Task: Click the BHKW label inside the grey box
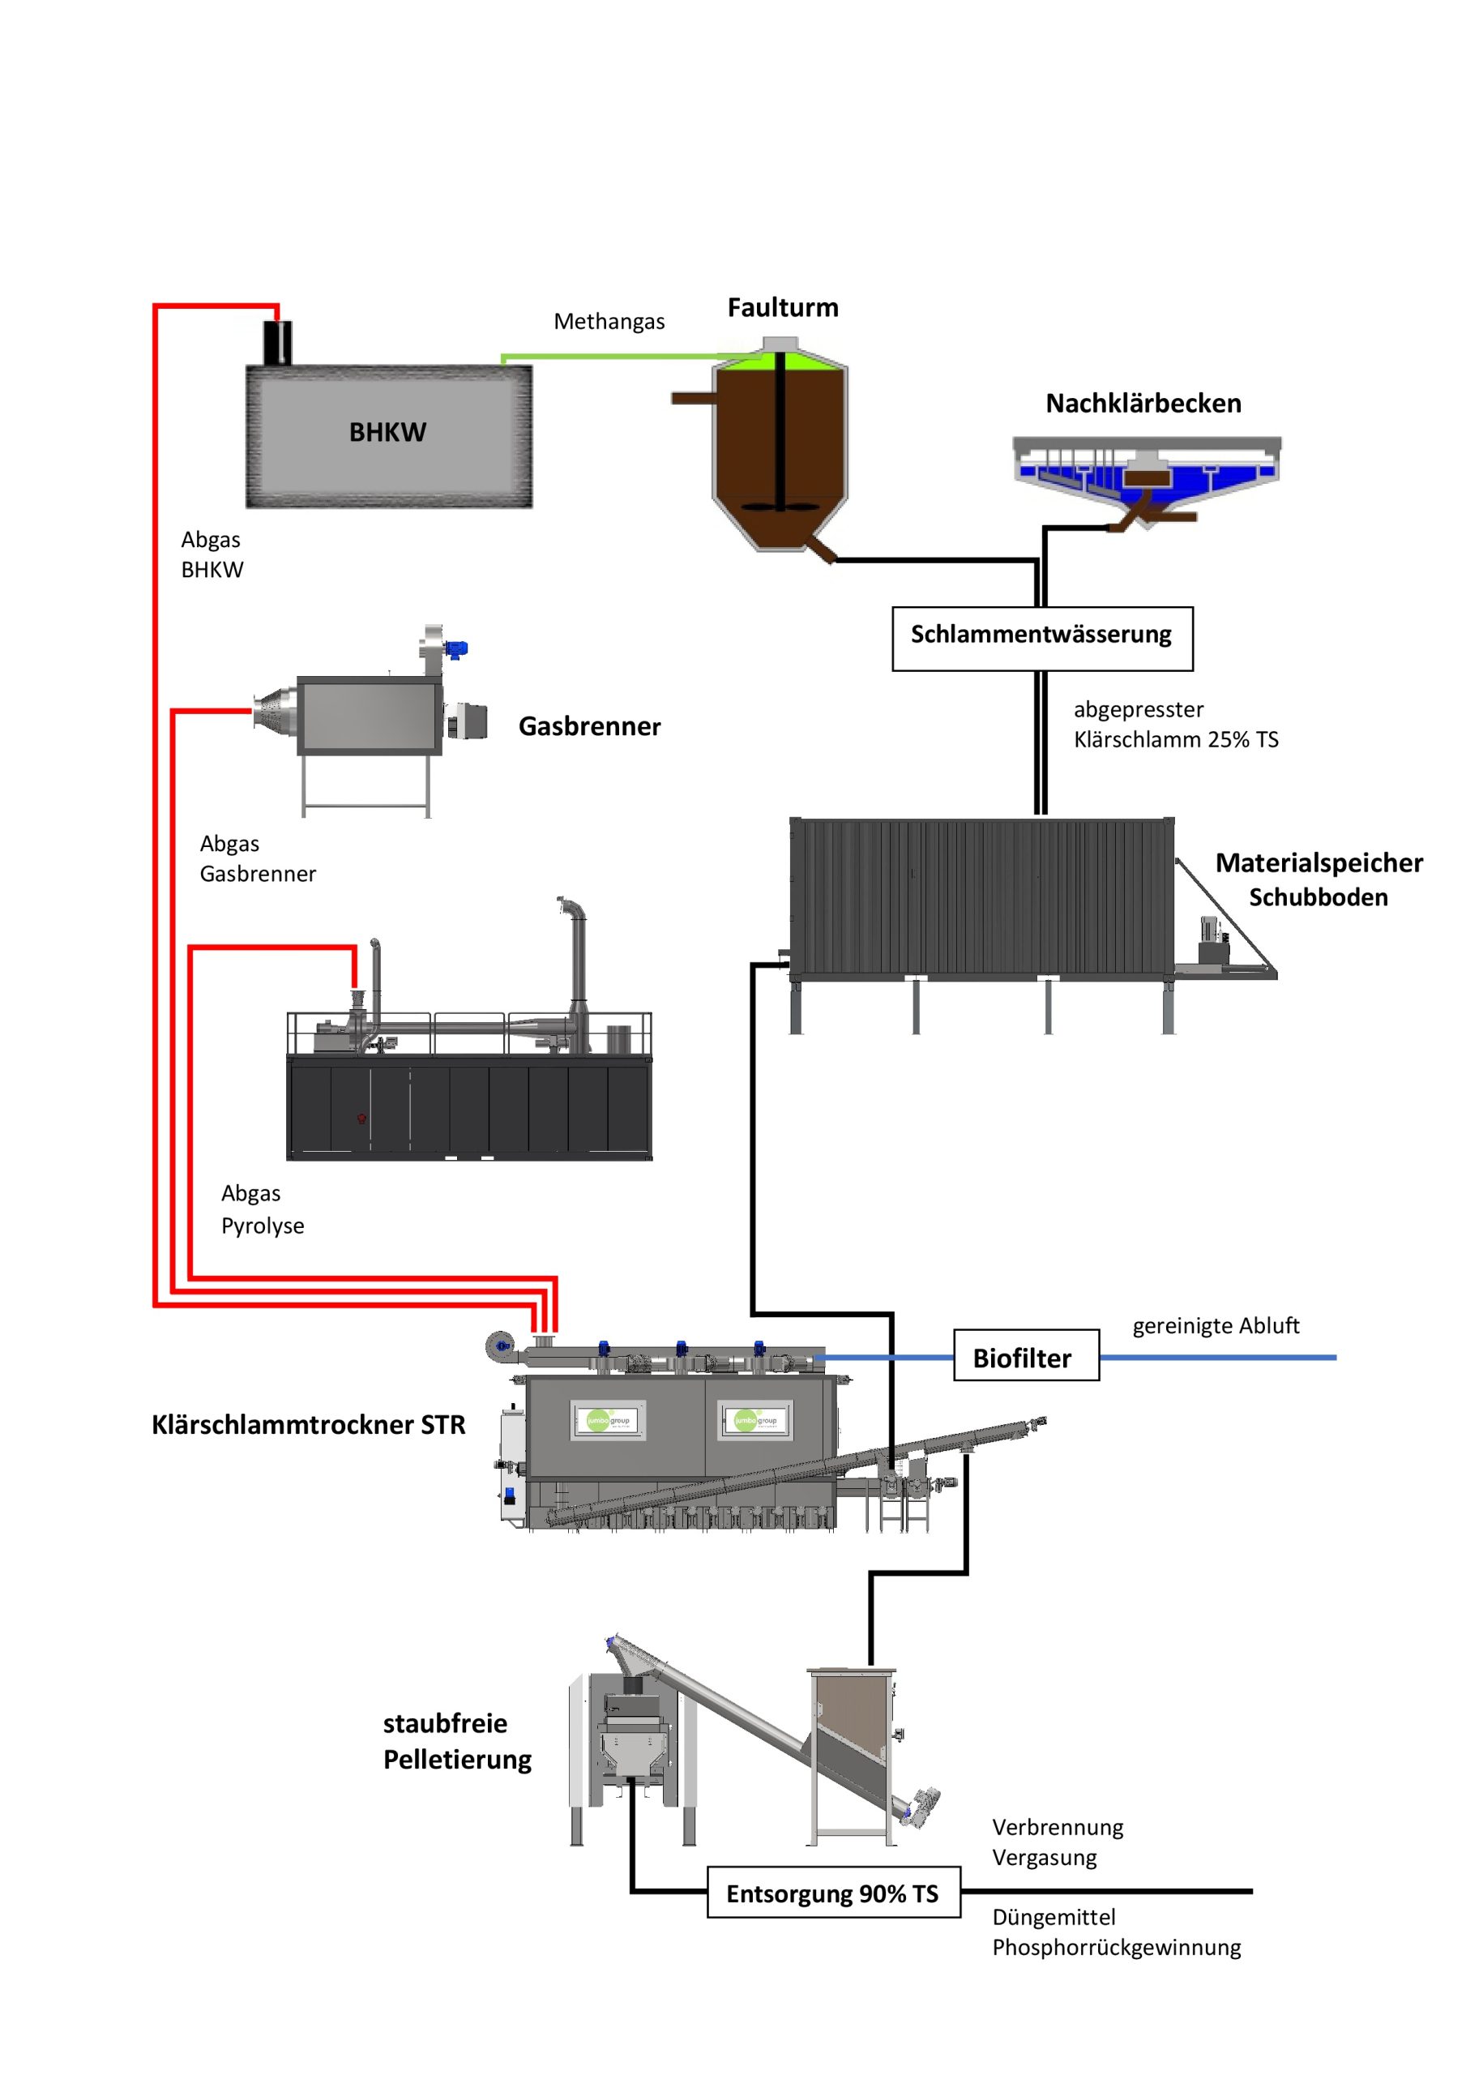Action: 387,432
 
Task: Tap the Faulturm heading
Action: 783,308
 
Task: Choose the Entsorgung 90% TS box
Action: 832,1893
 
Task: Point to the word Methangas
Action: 609,322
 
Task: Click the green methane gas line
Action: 614,357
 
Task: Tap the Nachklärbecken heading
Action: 1143,404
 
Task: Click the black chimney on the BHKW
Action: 277,343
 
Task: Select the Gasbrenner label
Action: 589,726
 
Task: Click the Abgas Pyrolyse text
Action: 262,1209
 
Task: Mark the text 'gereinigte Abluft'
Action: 1215,1326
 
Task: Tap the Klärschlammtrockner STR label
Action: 308,1425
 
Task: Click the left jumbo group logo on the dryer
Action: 609,1421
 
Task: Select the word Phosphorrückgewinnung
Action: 1115,1948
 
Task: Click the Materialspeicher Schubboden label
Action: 1318,879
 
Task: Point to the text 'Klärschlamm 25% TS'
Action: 1175,740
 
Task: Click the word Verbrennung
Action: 1058,1827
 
